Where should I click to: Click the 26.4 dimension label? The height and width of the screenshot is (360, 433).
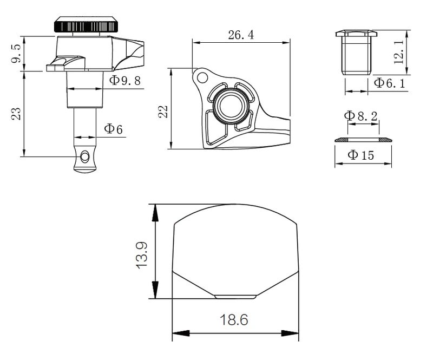(x=241, y=35)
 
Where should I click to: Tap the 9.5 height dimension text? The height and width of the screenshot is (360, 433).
(x=16, y=54)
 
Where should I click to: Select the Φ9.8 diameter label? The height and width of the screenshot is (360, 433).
(x=125, y=81)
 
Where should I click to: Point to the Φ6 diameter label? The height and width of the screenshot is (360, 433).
(x=113, y=129)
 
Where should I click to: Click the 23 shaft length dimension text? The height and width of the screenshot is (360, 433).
(x=16, y=113)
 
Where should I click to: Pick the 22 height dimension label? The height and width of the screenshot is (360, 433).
(x=163, y=112)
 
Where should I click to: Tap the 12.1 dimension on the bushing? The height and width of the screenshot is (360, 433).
(x=398, y=51)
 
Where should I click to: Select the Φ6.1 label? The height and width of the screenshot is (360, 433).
(x=389, y=83)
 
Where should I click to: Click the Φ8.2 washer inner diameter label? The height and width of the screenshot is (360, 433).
(x=360, y=116)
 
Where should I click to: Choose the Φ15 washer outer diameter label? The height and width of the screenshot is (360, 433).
(x=360, y=155)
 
